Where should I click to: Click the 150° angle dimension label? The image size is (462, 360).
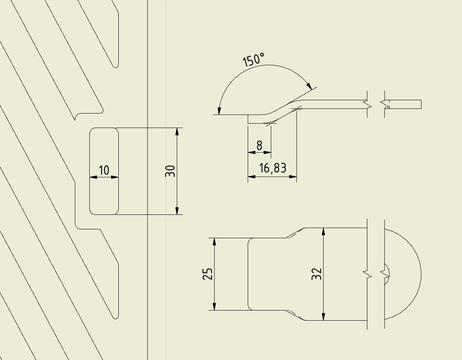pyautogui.click(x=253, y=60)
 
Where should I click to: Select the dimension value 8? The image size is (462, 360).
pyautogui.click(x=259, y=146)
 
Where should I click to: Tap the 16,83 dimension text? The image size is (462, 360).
pyautogui.click(x=273, y=168)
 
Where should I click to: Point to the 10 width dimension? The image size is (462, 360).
pyautogui.click(x=104, y=170)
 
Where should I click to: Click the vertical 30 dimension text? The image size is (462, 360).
pyautogui.click(x=170, y=171)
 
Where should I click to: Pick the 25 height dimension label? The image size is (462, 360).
pyautogui.click(x=207, y=274)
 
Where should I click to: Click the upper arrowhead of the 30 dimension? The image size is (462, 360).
pyautogui.click(x=177, y=131)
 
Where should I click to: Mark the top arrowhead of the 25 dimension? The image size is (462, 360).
pyautogui.click(x=214, y=242)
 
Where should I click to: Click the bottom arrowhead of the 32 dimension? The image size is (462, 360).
pyautogui.click(x=323, y=316)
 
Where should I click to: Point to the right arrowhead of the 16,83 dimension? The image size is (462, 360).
pyautogui.click(x=293, y=177)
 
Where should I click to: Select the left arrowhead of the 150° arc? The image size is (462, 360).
pyautogui.click(x=219, y=111)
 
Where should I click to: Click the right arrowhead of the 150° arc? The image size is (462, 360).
pyautogui.click(x=309, y=86)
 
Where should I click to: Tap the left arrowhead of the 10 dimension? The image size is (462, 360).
pyautogui.click(x=93, y=177)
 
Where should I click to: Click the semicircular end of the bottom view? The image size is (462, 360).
pyautogui.click(x=403, y=274)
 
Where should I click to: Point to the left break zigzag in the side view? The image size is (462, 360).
pyautogui.click(x=367, y=104)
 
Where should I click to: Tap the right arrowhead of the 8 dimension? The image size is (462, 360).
pyautogui.click(x=267, y=152)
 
